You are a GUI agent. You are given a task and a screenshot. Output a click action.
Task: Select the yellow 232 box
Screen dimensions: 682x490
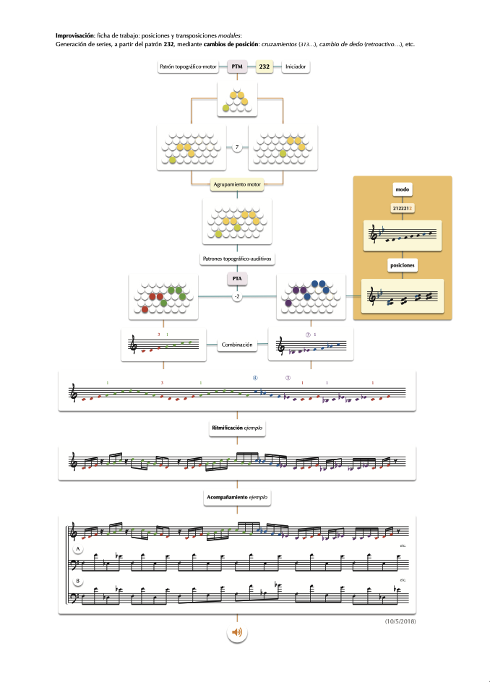click(x=265, y=67)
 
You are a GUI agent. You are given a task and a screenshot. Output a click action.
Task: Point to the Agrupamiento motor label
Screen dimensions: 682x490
click(x=237, y=186)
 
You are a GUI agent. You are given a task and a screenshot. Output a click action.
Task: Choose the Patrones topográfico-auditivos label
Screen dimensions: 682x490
click(x=236, y=258)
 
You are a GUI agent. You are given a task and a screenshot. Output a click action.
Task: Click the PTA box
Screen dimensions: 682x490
click(x=237, y=278)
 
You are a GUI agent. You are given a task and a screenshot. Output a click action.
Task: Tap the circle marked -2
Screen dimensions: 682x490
click(x=236, y=296)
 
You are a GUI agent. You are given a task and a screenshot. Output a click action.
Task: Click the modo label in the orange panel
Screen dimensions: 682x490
click(x=402, y=189)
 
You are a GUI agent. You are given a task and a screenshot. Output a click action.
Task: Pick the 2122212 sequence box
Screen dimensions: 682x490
click(x=402, y=208)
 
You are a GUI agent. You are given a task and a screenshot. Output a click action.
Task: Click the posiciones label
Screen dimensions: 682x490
click(x=402, y=265)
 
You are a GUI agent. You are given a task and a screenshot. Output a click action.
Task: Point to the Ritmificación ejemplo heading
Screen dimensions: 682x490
click(x=237, y=428)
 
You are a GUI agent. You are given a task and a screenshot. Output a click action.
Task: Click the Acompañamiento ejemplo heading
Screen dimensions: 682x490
click(x=237, y=498)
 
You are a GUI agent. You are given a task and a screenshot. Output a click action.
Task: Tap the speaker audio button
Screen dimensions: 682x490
click(x=236, y=633)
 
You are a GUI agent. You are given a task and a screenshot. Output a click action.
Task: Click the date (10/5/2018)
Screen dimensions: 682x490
click(x=400, y=621)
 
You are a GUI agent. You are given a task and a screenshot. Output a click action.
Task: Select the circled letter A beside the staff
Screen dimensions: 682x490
click(x=77, y=551)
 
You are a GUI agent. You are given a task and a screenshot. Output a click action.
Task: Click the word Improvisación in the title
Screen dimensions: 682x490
click(x=75, y=35)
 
